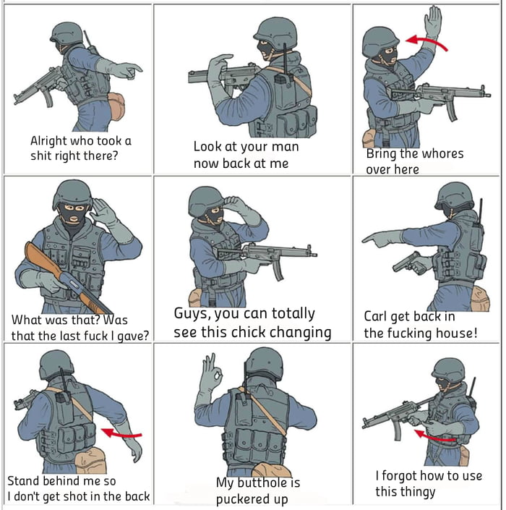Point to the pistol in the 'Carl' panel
click(x=416, y=263)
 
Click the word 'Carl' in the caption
click(x=377, y=316)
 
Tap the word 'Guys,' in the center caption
click(x=194, y=314)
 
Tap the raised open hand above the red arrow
click(x=433, y=22)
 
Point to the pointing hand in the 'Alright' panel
click(x=131, y=69)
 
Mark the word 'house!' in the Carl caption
click(x=454, y=333)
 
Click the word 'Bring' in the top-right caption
click(x=381, y=153)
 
